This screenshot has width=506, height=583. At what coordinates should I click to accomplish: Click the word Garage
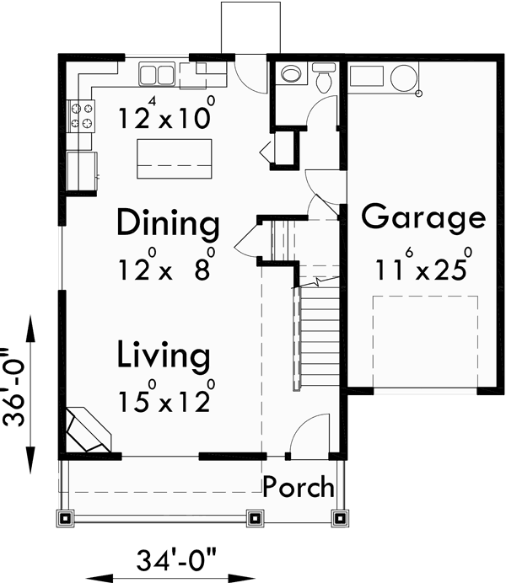(x=423, y=217)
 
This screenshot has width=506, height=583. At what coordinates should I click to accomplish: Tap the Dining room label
(x=168, y=225)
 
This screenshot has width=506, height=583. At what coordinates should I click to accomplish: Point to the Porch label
(x=298, y=487)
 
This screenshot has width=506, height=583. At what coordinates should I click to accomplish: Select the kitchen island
(x=174, y=158)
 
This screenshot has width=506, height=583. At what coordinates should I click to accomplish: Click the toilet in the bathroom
(x=323, y=78)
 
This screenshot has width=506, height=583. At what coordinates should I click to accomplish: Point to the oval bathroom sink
(x=292, y=75)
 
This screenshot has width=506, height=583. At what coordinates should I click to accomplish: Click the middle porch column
(x=252, y=517)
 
